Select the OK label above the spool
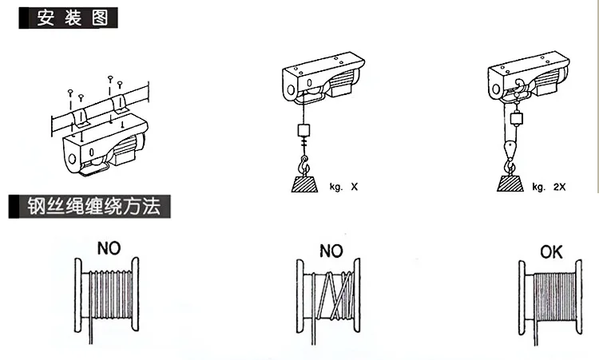552,253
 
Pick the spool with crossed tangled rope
330,297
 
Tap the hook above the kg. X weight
303,165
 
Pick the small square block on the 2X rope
517,120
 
